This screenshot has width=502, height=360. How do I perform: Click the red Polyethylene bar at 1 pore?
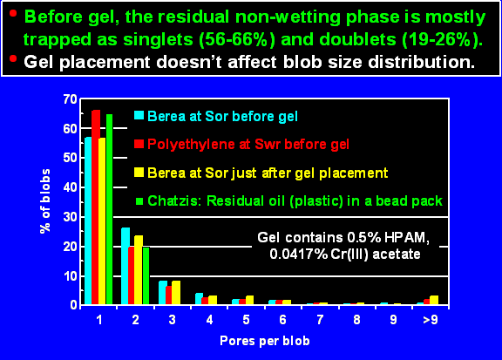(96, 207)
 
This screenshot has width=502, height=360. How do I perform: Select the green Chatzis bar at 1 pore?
(110, 209)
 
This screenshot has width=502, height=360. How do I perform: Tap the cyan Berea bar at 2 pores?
(125, 266)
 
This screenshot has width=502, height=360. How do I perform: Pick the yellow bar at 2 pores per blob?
(139, 269)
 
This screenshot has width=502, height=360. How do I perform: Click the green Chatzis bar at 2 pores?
(146, 275)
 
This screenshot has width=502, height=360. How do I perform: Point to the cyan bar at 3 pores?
(163, 292)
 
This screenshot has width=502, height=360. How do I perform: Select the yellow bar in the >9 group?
(434, 300)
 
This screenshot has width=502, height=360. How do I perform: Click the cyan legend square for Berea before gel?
(139, 115)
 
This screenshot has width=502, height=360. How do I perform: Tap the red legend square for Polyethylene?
(139, 144)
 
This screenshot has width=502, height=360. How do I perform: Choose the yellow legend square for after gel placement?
(139, 172)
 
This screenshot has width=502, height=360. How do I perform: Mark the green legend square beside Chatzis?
(139, 200)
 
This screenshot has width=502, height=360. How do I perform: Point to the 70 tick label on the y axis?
(70, 99)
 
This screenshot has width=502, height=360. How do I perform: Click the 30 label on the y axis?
(70, 217)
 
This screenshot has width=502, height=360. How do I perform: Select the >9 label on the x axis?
(431, 319)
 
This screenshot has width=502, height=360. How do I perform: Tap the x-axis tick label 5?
(246, 319)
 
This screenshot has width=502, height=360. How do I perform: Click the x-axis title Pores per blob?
(265, 341)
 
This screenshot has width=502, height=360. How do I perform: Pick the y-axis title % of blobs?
(45, 201)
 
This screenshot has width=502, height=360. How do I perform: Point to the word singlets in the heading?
(158, 40)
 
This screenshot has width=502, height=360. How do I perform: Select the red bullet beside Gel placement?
(13, 58)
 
